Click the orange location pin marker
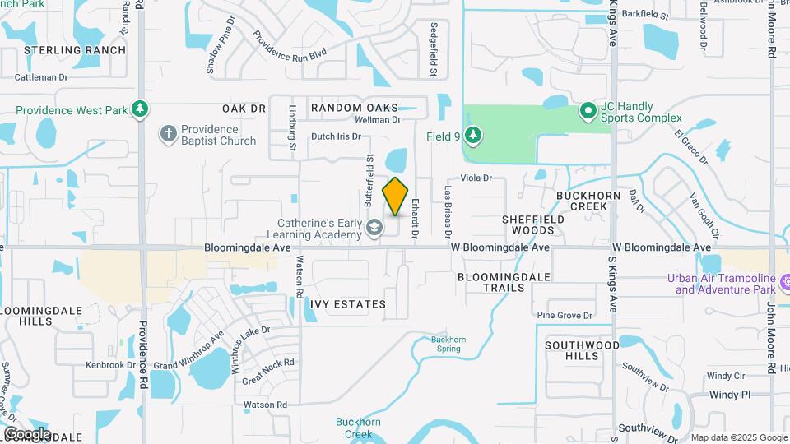(396, 197)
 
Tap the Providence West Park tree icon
(141, 109)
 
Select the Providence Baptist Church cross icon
(168, 134)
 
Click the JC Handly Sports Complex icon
(588, 109)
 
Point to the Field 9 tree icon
(472, 135)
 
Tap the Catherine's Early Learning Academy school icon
(374, 228)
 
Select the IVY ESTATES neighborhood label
(348, 304)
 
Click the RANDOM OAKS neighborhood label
(354, 108)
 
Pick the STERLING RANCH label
(75, 50)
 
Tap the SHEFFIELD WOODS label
(534, 224)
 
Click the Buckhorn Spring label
(448, 344)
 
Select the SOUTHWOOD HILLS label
(582, 350)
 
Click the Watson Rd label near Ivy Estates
(299, 280)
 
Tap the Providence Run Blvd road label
(290, 47)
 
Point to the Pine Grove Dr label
(565, 315)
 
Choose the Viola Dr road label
(476, 178)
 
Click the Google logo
(27, 433)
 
